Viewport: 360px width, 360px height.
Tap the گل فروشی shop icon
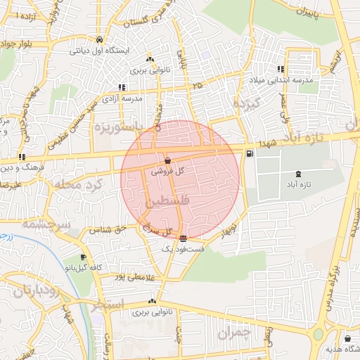click(x=167, y=161)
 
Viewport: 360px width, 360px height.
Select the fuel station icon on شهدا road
click(x=249, y=154)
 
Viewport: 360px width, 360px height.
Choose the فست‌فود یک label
click(x=183, y=249)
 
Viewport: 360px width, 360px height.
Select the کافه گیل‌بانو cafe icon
click(x=84, y=257)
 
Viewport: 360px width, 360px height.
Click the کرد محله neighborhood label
click(x=78, y=184)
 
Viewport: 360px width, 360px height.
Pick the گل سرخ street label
click(x=157, y=229)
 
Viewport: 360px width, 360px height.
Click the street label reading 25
click(x=197, y=85)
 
